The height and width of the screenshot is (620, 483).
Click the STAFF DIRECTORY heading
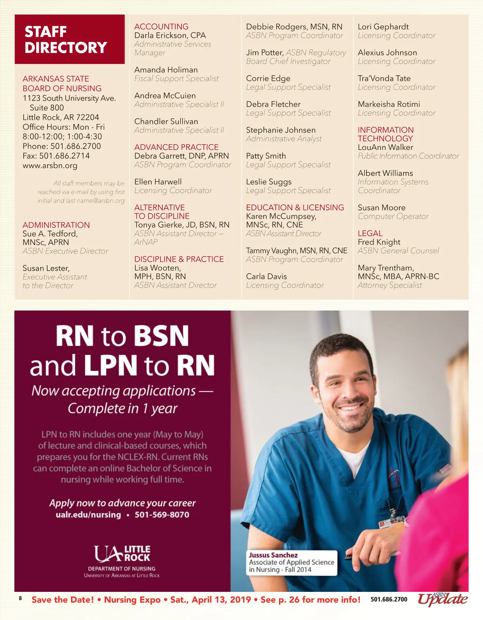click(66, 39)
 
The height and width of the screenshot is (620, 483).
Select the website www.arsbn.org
click(50, 165)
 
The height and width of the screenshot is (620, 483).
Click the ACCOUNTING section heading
click(161, 27)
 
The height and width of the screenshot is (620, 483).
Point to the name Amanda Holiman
click(166, 70)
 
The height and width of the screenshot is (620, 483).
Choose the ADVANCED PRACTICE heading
click(176, 147)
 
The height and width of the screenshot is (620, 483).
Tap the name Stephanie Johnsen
click(281, 130)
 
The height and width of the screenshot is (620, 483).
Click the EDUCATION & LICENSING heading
click(295, 207)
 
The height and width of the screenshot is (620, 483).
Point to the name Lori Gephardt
click(383, 27)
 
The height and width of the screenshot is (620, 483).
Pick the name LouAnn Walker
click(385, 147)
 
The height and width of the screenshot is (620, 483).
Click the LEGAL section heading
click(370, 233)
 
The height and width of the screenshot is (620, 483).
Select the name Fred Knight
click(379, 242)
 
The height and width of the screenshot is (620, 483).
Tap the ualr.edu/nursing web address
click(88, 515)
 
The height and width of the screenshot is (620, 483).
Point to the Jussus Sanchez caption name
click(273, 555)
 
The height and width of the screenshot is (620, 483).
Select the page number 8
click(20, 598)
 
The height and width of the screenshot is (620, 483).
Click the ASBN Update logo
click(442, 599)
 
